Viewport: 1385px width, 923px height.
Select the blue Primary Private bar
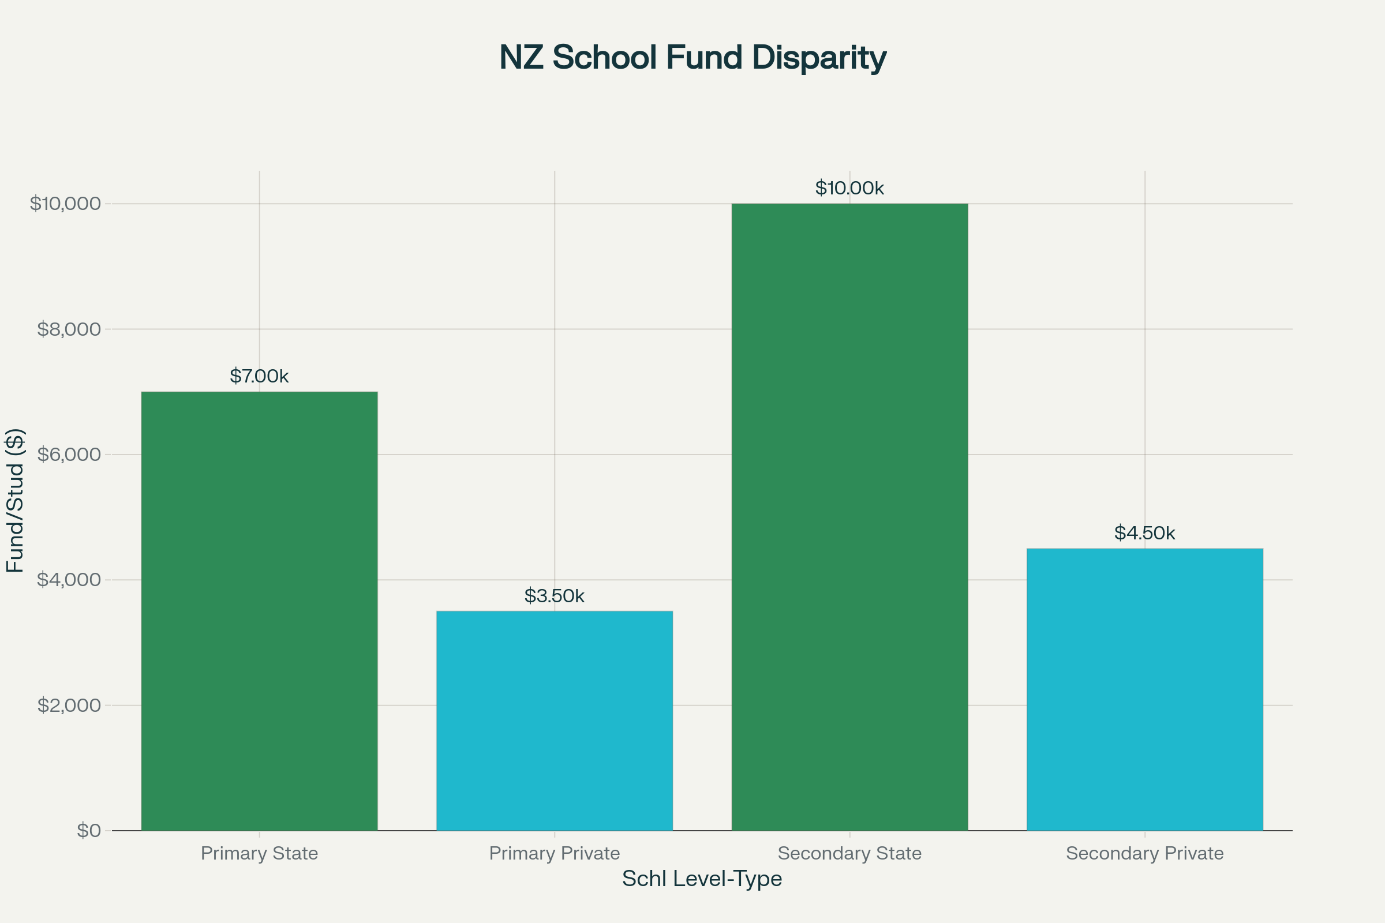pyautogui.click(x=554, y=721)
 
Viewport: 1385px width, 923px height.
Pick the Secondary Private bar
pyautogui.click(x=1144, y=689)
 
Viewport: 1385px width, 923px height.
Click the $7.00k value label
pyautogui.click(x=259, y=376)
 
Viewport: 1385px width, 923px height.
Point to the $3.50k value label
pyautogui.click(x=554, y=596)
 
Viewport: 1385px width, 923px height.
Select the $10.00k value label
pyautogui.click(x=849, y=189)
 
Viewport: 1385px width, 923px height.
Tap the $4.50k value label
pyautogui.click(x=1144, y=533)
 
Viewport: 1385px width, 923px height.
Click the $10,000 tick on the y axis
pyautogui.click(x=65, y=204)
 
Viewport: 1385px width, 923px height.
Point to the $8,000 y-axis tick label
pyautogui.click(x=69, y=329)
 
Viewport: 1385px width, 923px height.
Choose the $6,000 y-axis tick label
pyautogui.click(x=69, y=455)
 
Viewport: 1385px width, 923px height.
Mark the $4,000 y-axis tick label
pyautogui.click(x=69, y=580)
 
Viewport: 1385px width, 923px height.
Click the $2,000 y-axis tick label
pyautogui.click(x=69, y=705)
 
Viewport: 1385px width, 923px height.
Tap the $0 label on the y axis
pyautogui.click(x=89, y=831)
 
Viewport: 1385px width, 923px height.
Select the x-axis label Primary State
pyautogui.click(x=259, y=853)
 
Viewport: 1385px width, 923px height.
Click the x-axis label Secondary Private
pyautogui.click(x=1144, y=853)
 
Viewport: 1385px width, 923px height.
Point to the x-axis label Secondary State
pyautogui.click(x=849, y=853)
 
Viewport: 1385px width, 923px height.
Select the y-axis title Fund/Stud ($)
pyautogui.click(x=15, y=500)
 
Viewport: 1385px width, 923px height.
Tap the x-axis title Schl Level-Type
pyautogui.click(x=701, y=879)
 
